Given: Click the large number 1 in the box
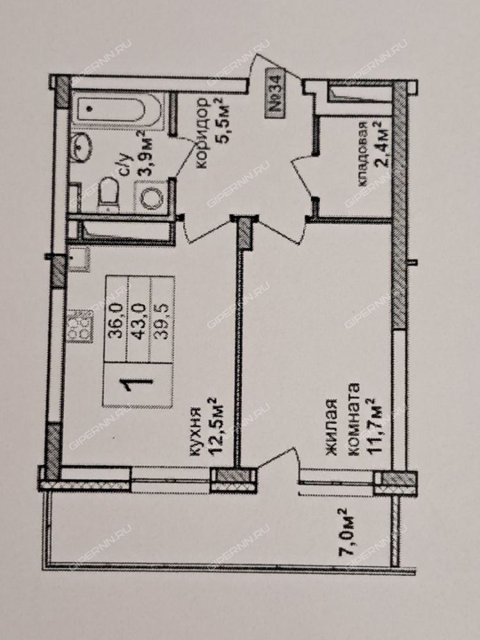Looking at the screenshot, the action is (x=138, y=384).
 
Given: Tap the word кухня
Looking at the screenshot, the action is (x=195, y=431).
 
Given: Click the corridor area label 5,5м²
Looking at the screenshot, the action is (x=223, y=122).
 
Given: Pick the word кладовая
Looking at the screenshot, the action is (x=363, y=154).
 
